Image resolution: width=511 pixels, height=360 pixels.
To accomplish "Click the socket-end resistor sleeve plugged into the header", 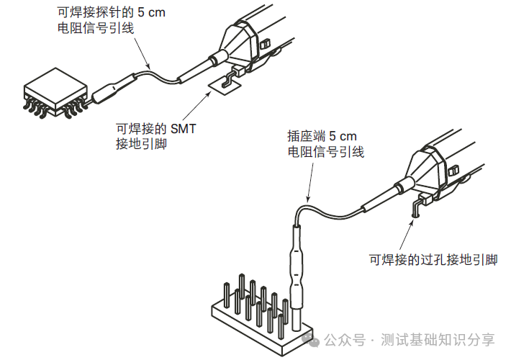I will click(x=298, y=263).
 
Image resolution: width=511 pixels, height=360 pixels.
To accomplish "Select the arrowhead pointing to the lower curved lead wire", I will click(x=307, y=198).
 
